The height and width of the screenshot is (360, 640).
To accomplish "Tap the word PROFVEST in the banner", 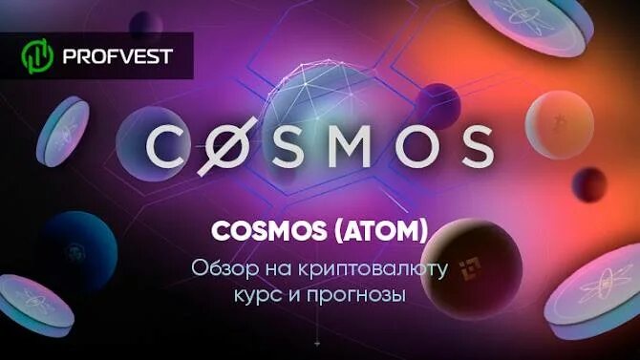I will point(117,55).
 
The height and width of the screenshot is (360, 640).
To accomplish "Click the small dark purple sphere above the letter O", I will point(438,95).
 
